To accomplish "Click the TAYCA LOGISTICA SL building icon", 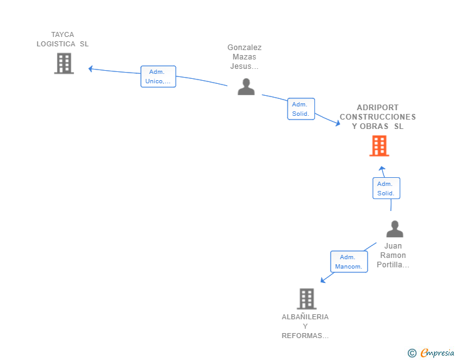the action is tap(64, 63).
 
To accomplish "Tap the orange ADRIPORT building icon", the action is tap(379, 146).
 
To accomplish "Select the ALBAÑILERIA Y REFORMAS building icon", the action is tap(306, 299).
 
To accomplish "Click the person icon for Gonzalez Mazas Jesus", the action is tap(246, 86).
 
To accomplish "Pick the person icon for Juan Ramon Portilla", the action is tap(395, 229).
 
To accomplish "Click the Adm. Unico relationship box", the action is tap(158, 76).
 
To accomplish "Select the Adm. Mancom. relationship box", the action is tap(349, 262).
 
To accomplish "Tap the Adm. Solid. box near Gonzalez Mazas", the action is tap(301, 109).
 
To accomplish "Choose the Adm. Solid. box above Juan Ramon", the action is tap(386, 188).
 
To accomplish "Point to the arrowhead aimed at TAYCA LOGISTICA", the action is tap(90, 69).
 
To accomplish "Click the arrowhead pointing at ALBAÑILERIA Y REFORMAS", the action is tap(323, 280).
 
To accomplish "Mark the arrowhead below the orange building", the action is tap(382, 168).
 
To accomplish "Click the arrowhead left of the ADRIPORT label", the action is tap(338, 123).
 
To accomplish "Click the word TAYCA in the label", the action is tap(63, 34).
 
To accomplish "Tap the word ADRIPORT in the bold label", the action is tap(378, 108).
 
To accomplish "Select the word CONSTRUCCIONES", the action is tap(378, 117).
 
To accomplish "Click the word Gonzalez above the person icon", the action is tap(244, 48).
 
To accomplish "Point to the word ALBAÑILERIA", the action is tap(305, 317).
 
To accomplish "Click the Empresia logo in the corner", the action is tap(431, 352).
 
